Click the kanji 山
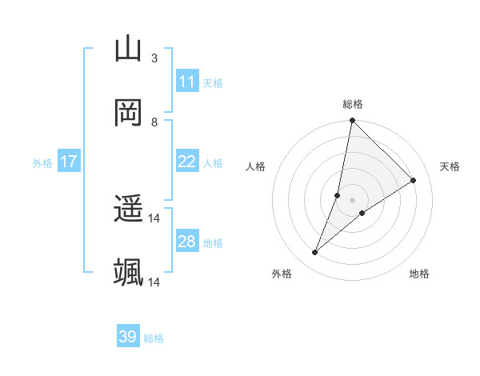point(128,49)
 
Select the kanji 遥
point(128,210)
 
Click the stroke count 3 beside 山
point(154,58)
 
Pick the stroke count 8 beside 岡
point(154,122)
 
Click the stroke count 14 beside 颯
point(154,282)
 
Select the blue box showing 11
point(187,82)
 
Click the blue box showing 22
point(187,162)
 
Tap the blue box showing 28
point(187,242)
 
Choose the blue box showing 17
point(69,162)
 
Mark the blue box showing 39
point(128,337)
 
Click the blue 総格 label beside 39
point(154,338)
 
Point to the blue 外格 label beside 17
point(42,163)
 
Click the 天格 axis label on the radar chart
point(450,166)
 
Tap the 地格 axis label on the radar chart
point(419,274)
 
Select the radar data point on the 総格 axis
point(352,121)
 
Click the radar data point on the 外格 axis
point(315,253)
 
